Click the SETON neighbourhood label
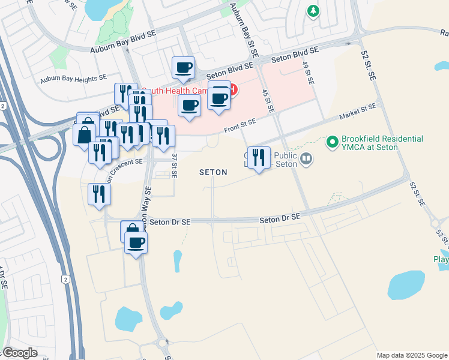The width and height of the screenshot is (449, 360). pos(213,172)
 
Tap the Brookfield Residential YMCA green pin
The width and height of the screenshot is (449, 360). pos(332,143)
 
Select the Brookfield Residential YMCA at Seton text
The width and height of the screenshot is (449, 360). pos(382,143)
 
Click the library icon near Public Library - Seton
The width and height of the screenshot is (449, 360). pos(307,159)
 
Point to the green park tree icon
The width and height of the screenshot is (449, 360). pos(312,11)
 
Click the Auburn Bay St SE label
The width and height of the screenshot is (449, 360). pos(249,37)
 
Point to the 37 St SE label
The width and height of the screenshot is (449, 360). pos(175,165)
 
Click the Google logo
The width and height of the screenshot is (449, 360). pos(20,353)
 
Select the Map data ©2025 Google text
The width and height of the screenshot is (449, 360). pos(412,355)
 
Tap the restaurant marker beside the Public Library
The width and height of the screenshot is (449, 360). pos(259,157)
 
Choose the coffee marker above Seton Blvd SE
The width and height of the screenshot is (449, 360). pos(184,68)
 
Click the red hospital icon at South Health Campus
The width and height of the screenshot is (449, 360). pos(232,91)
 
